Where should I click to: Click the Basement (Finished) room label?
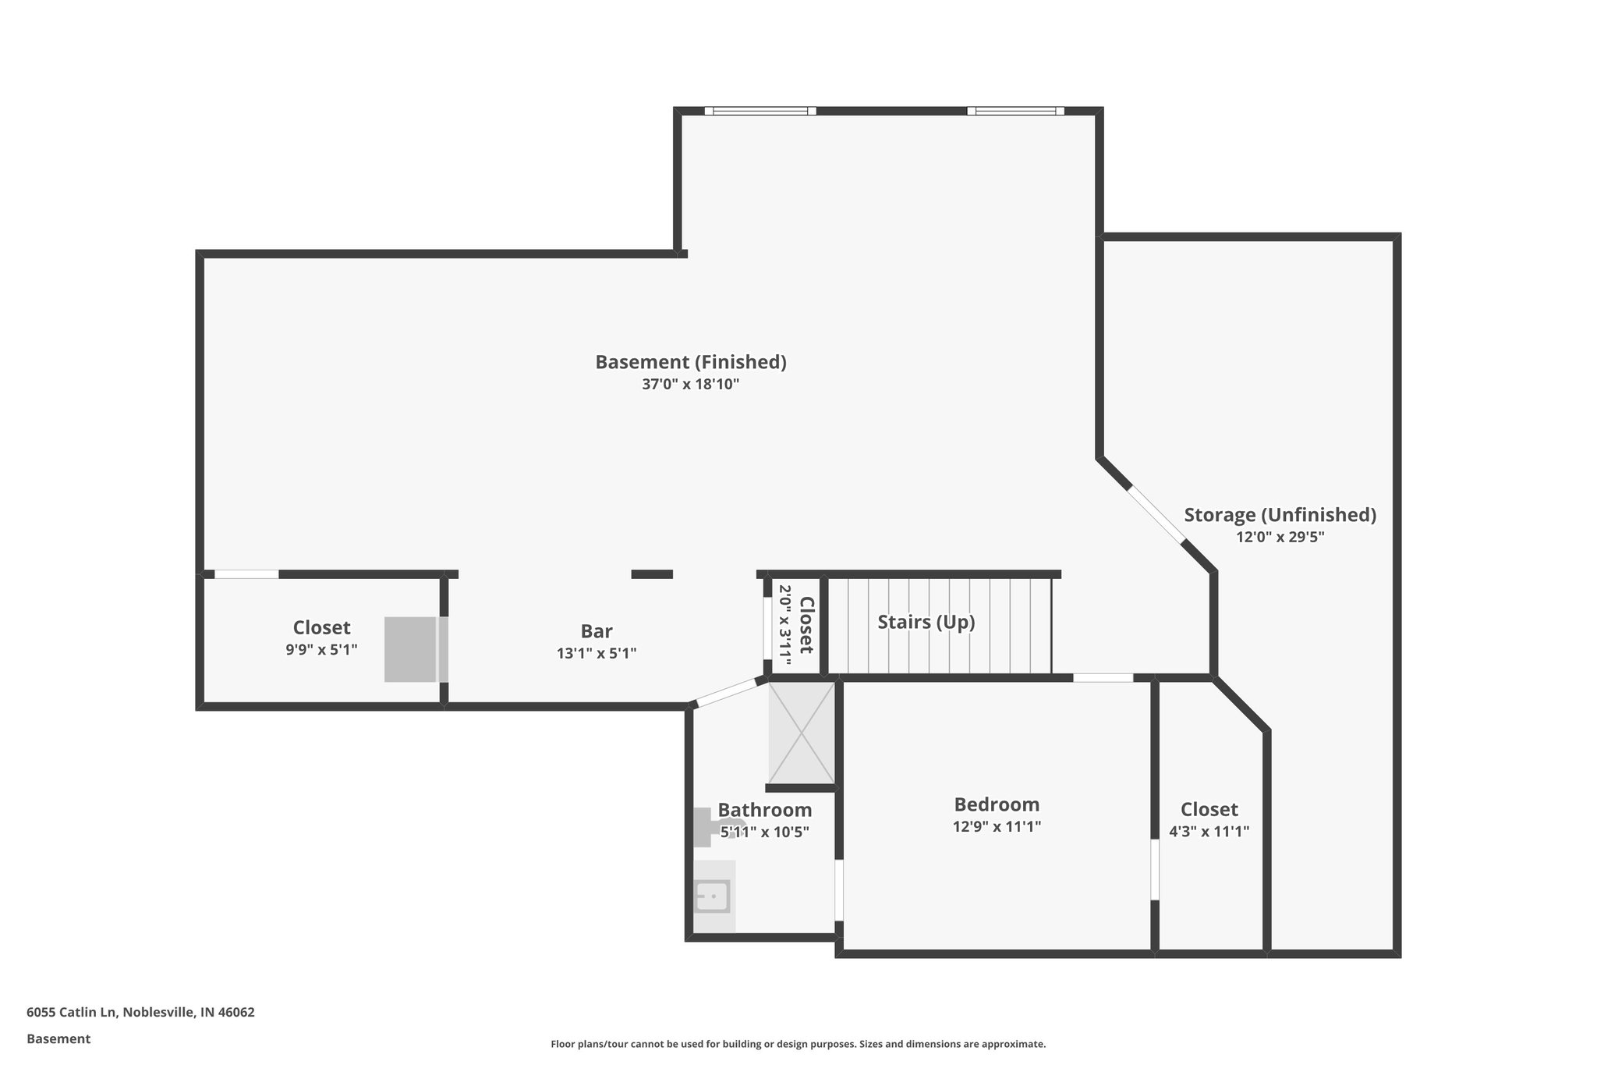pyautogui.click(x=691, y=362)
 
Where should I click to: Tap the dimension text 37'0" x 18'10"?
pyautogui.click(x=691, y=385)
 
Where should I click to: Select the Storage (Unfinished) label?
pyautogui.click(x=1280, y=515)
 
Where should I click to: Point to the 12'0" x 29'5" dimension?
pyautogui.click(x=1280, y=538)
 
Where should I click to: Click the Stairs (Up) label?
pyautogui.click(x=926, y=623)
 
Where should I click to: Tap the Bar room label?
pyautogui.click(x=597, y=631)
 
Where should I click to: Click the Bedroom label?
pyautogui.click(x=997, y=804)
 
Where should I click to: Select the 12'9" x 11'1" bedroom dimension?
pyautogui.click(x=997, y=827)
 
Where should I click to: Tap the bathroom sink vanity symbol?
pyautogui.click(x=714, y=896)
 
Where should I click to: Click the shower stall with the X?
pyautogui.click(x=801, y=733)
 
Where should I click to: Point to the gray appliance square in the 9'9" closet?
pyautogui.click(x=411, y=649)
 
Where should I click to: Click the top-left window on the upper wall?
pyautogui.click(x=760, y=111)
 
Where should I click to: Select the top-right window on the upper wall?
pyautogui.click(x=1015, y=111)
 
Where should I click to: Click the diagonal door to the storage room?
pyautogui.click(x=1156, y=514)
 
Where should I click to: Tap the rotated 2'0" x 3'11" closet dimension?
pyautogui.click(x=785, y=626)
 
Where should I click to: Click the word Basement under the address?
pyautogui.click(x=58, y=1039)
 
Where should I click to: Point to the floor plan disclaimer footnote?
pyautogui.click(x=798, y=1044)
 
